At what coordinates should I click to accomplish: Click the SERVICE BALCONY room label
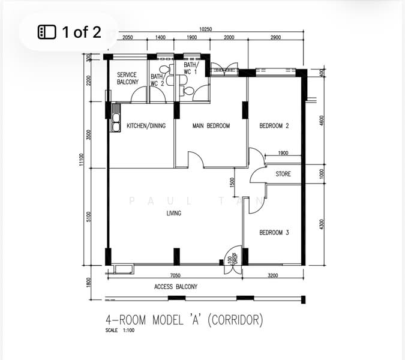click(x=127, y=79)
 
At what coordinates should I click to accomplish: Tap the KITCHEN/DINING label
click(x=146, y=126)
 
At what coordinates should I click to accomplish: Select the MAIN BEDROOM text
click(x=211, y=126)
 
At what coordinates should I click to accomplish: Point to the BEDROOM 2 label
click(x=274, y=126)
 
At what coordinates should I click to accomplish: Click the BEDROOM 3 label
click(x=274, y=232)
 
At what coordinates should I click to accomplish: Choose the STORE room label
click(x=283, y=174)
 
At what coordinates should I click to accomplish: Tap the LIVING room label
click(x=174, y=213)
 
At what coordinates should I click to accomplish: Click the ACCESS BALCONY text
click(x=176, y=287)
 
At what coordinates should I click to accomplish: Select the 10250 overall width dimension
click(x=206, y=29)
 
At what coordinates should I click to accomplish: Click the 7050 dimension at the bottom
click(x=175, y=275)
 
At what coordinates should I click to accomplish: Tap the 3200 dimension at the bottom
click(x=273, y=275)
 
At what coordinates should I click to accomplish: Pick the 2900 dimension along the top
click(x=275, y=38)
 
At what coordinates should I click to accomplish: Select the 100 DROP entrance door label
click(x=230, y=260)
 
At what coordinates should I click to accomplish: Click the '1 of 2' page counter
click(x=71, y=32)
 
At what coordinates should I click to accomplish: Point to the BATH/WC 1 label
click(x=191, y=68)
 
